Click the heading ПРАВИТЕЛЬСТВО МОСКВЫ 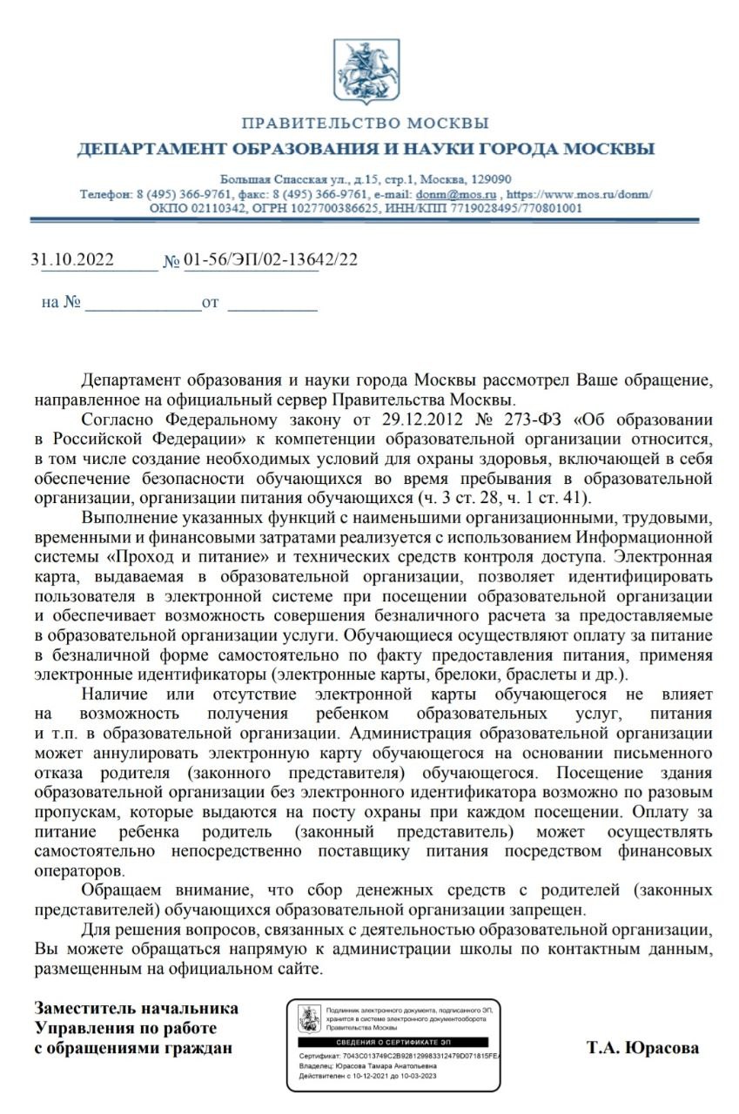pos(366,124)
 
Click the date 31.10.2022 pos(72,259)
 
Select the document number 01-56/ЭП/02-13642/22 pos(271,259)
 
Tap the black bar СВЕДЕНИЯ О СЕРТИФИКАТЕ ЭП pos(393,1042)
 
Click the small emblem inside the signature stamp pos(307,1017)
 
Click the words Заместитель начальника pos(136,1008)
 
